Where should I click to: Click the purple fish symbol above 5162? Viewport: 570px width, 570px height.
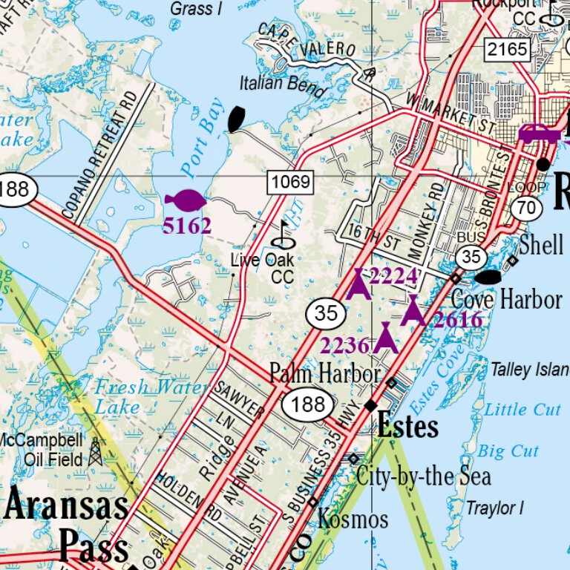(184, 200)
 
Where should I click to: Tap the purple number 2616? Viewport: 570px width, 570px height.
(458, 320)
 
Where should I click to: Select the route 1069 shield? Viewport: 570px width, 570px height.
(291, 181)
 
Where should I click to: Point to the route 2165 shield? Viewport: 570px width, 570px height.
(508, 50)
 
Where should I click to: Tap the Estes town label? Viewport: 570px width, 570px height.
(407, 427)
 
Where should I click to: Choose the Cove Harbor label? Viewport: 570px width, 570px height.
(506, 300)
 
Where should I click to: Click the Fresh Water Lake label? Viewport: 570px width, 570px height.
(151, 396)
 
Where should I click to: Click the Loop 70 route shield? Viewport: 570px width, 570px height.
(527, 207)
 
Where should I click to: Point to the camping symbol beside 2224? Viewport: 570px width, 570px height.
(358, 284)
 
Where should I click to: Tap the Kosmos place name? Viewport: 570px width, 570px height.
(353, 519)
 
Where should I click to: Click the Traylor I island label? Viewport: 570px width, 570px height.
(495, 508)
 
